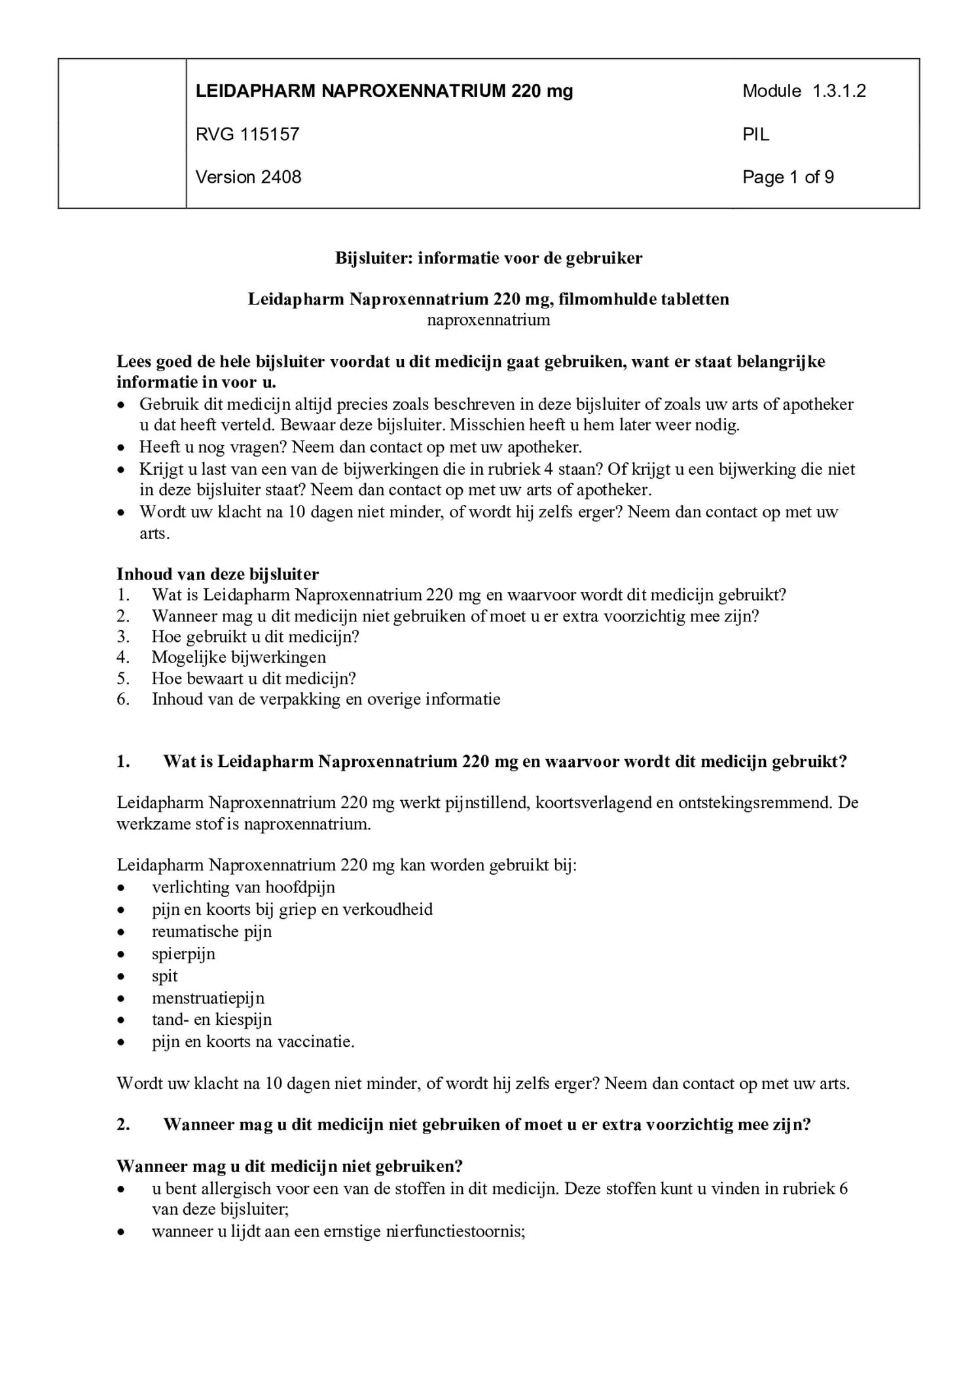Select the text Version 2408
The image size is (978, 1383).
(248, 177)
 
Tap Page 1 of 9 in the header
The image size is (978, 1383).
(788, 177)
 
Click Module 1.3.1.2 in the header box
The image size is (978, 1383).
(803, 91)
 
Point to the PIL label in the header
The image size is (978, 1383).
(755, 134)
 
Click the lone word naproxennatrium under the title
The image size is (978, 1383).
(488, 320)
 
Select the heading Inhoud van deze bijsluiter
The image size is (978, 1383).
(217, 574)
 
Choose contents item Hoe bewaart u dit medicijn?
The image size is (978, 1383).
(253, 678)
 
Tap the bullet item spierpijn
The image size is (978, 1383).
(183, 953)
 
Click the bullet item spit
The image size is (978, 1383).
(164, 976)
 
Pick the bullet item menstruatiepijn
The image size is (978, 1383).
(208, 998)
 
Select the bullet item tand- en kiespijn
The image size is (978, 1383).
(211, 1020)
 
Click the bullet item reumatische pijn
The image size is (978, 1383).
(211, 931)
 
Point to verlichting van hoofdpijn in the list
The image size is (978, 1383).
(243, 887)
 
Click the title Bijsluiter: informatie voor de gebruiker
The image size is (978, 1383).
(488, 258)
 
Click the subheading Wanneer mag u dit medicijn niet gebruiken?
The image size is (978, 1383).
(289, 1166)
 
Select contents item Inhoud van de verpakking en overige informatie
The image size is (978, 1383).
(326, 699)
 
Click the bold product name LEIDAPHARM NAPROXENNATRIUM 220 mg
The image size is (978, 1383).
(384, 91)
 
